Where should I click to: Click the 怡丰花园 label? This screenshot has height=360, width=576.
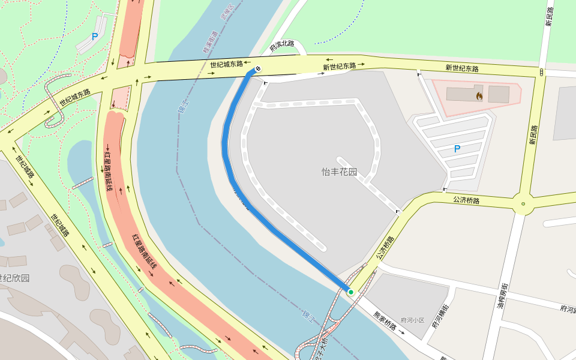coord(339,172)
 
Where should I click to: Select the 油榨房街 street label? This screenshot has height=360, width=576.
coord(504,296)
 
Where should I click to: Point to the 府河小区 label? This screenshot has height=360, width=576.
coord(412,321)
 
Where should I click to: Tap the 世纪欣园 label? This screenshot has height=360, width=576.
coord(14,278)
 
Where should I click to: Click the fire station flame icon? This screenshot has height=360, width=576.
coord(479,95)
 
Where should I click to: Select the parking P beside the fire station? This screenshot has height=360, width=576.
coord(457,148)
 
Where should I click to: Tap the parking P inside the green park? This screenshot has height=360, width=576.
coord(95,37)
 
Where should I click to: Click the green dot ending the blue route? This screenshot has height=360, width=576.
coord(351,292)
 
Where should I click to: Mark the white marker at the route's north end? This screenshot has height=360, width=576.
coord(257,69)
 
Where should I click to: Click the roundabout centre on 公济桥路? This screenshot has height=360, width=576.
coord(523,204)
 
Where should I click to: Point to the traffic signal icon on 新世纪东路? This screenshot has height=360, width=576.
coord(542,72)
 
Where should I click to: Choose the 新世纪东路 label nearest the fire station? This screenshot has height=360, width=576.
coord(462,68)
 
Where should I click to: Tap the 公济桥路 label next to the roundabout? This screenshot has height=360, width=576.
coord(466,200)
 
